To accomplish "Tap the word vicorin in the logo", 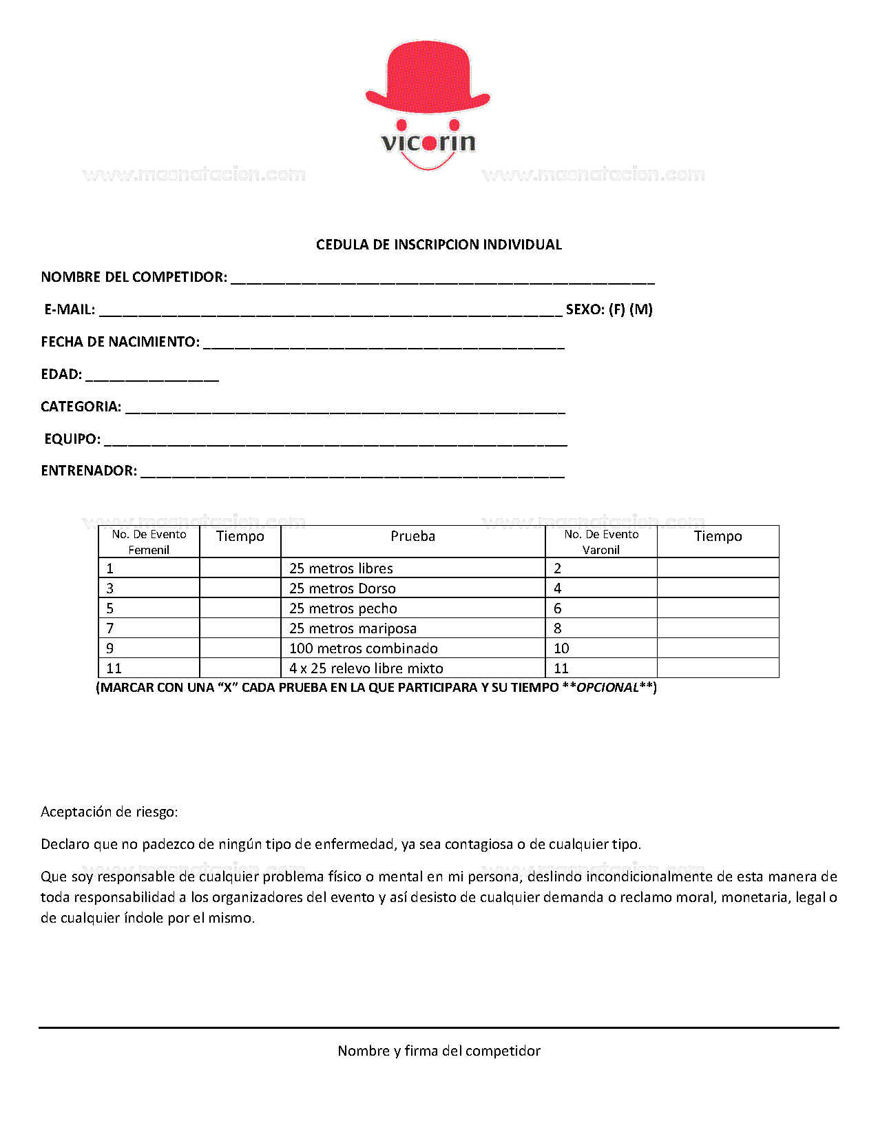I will (x=428, y=143).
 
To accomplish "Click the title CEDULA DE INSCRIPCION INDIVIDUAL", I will (x=439, y=245).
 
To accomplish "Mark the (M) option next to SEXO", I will (x=641, y=309).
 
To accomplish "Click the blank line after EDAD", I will (x=152, y=376).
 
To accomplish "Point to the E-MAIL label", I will (x=70, y=309).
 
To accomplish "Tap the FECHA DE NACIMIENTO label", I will (x=120, y=342).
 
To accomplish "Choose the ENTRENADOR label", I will (x=89, y=471).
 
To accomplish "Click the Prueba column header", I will (x=412, y=536).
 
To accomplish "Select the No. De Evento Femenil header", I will (x=149, y=542).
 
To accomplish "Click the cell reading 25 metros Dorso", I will (x=342, y=588).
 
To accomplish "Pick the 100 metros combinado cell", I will (x=363, y=648).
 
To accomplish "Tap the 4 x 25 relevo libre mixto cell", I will (x=366, y=668).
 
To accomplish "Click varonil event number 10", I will (x=561, y=648).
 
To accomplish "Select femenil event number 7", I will (x=110, y=628).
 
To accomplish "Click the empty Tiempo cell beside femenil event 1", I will (x=240, y=568).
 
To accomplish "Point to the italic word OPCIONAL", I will (x=607, y=688).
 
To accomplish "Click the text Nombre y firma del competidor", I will (x=439, y=1051).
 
